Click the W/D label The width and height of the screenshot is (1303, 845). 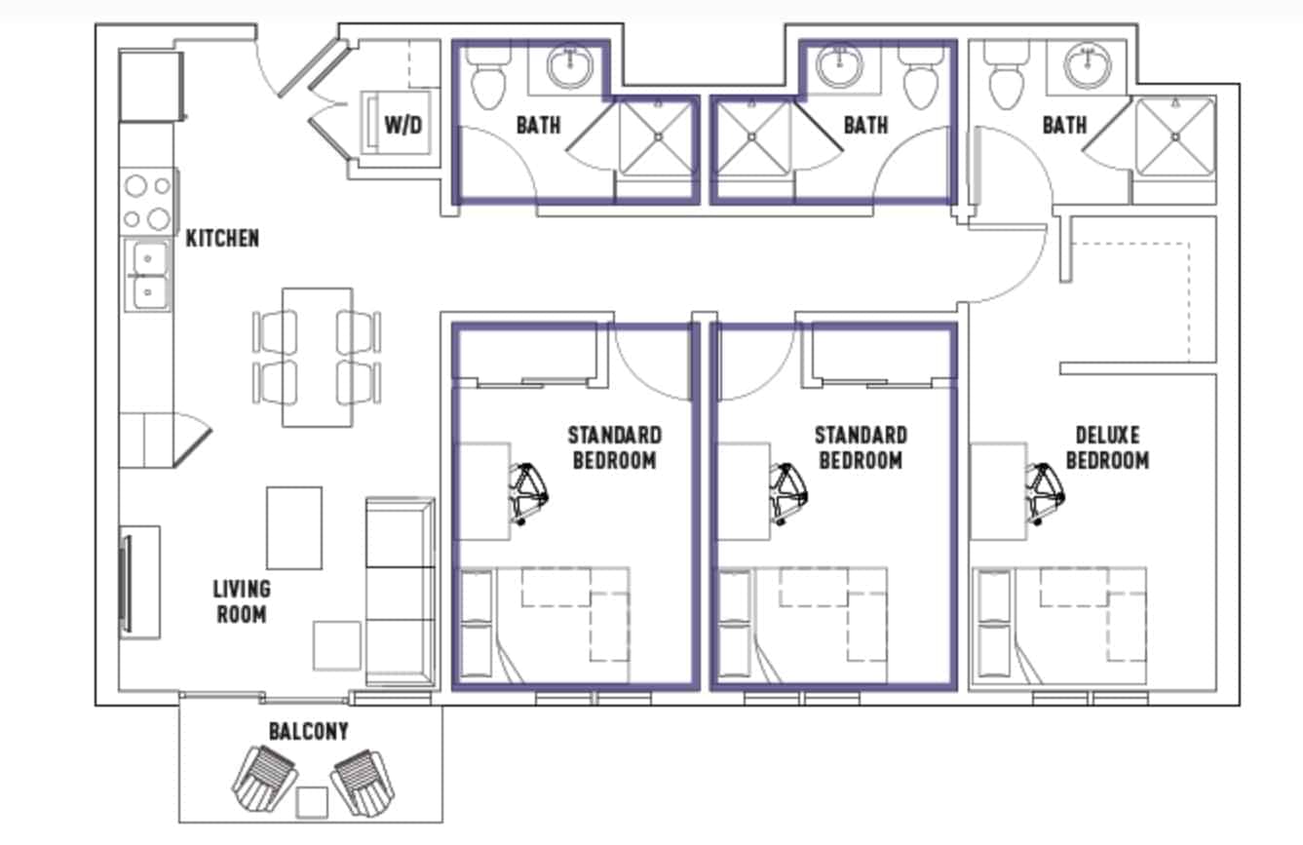[402, 126]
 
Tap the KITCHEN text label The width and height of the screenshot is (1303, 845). [222, 238]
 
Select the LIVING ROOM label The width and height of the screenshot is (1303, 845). [241, 601]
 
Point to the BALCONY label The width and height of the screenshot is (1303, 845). [308, 731]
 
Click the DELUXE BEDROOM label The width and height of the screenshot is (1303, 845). [1107, 447]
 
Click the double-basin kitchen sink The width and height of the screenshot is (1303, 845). [148, 276]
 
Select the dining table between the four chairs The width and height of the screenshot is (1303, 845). [317, 357]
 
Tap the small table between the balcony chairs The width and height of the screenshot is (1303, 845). [312, 801]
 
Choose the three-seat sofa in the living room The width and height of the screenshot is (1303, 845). [400, 592]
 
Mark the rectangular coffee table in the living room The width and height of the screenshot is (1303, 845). [294, 527]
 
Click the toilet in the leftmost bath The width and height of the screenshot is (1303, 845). [487, 79]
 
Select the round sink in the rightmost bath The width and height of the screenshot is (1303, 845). [1087, 66]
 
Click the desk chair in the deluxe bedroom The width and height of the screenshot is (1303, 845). [1043, 492]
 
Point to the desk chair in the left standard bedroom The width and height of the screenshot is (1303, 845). [529, 492]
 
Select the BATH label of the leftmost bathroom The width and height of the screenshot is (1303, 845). [538, 126]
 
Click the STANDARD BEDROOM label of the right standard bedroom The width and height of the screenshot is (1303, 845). [861, 447]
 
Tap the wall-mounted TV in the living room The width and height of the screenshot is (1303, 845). [125, 582]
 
